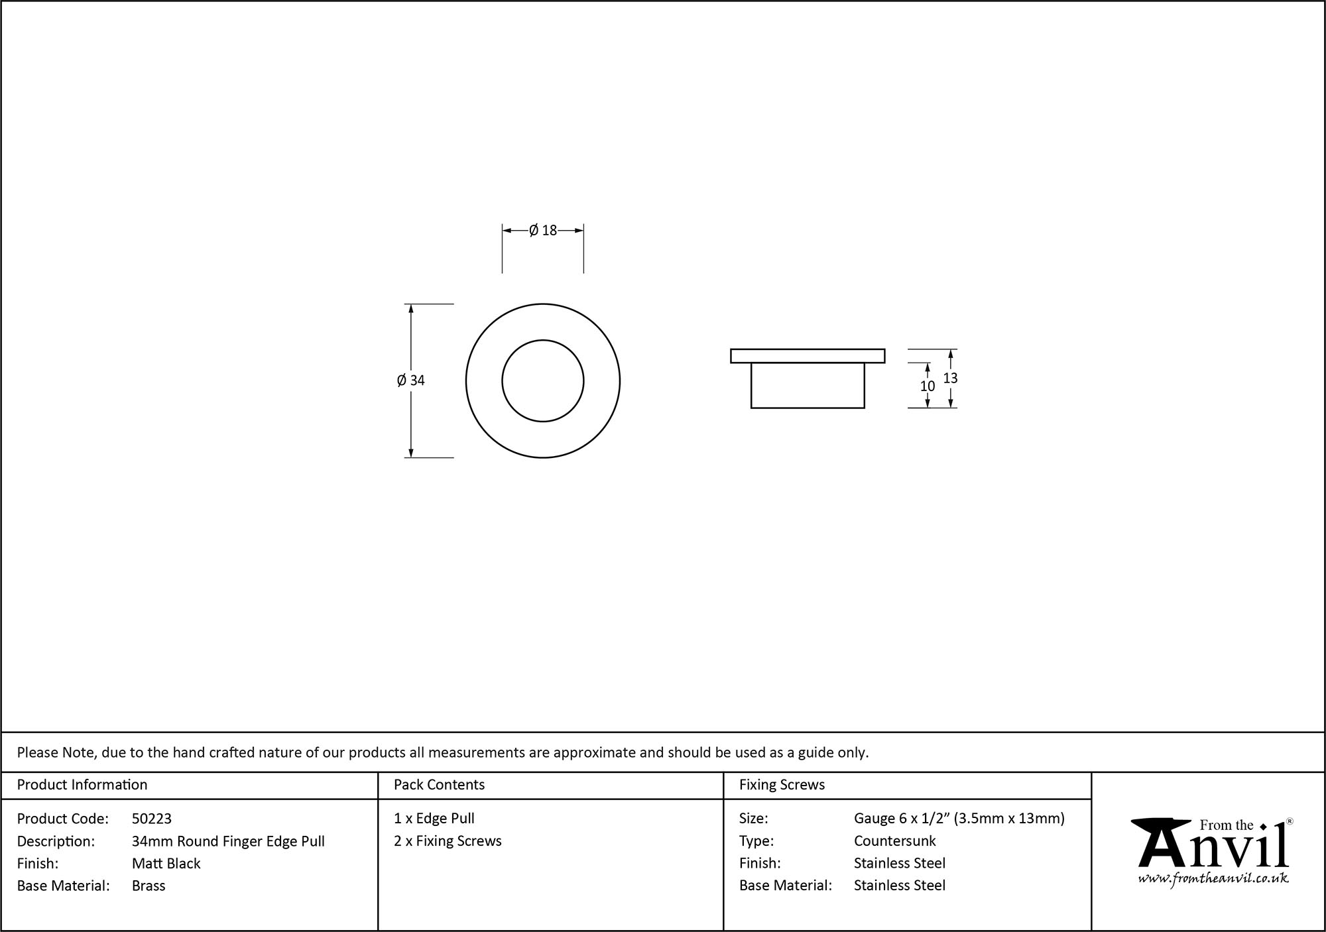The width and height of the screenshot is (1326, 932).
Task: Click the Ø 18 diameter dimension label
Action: pyautogui.click(x=543, y=231)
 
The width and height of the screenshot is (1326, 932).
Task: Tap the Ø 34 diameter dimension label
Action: pyautogui.click(x=410, y=380)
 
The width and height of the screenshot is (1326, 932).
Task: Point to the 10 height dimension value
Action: pyautogui.click(x=927, y=386)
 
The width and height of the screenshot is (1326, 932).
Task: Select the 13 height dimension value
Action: pyautogui.click(x=950, y=378)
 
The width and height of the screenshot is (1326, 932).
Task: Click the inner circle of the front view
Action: pyautogui.click(x=542, y=380)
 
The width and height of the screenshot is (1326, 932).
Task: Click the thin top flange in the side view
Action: pyautogui.click(x=807, y=356)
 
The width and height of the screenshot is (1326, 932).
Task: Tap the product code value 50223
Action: pyautogui.click(x=152, y=819)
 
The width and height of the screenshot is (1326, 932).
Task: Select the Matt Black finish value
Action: pyautogui.click(x=166, y=863)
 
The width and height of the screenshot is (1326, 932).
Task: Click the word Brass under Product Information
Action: pyautogui.click(x=149, y=886)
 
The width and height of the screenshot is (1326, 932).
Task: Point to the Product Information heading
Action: pyautogui.click(x=82, y=785)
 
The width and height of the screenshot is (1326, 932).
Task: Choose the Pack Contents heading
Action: pyautogui.click(x=439, y=785)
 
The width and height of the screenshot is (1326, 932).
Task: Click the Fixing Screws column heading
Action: pyautogui.click(x=782, y=785)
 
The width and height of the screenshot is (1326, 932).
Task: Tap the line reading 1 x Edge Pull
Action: pyautogui.click(x=434, y=819)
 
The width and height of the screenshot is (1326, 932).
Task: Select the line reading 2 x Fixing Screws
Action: pyautogui.click(x=448, y=841)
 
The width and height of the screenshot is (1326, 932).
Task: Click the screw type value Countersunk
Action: pyautogui.click(x=894, y=841)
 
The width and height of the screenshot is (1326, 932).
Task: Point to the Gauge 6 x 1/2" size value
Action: pyautogui.click(x=959, y=819)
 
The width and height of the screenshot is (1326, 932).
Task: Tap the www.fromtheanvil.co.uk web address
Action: pyautogui.click(x=1213, y=879)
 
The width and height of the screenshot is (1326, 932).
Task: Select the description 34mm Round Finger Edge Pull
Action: pyautogui.click(x=228, y=841)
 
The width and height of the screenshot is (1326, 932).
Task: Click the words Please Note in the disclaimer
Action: pyautogui.click(x=56, y=752)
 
